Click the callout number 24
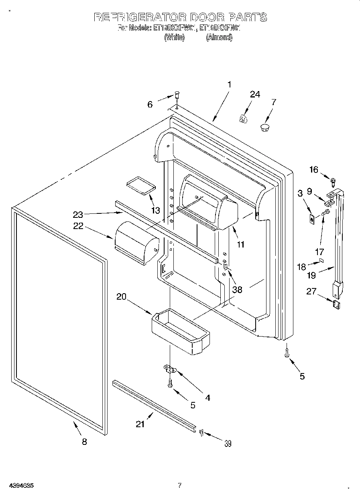(255, 94)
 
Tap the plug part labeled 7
(264, 128)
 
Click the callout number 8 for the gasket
(84, 442)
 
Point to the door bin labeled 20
(181, 332)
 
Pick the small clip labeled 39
(201, 432)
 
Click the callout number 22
(78, 226)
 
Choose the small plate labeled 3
(311, 218)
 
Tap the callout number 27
(311, 291)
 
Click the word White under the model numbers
(174, 37)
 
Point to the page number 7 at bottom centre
(180, 485)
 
